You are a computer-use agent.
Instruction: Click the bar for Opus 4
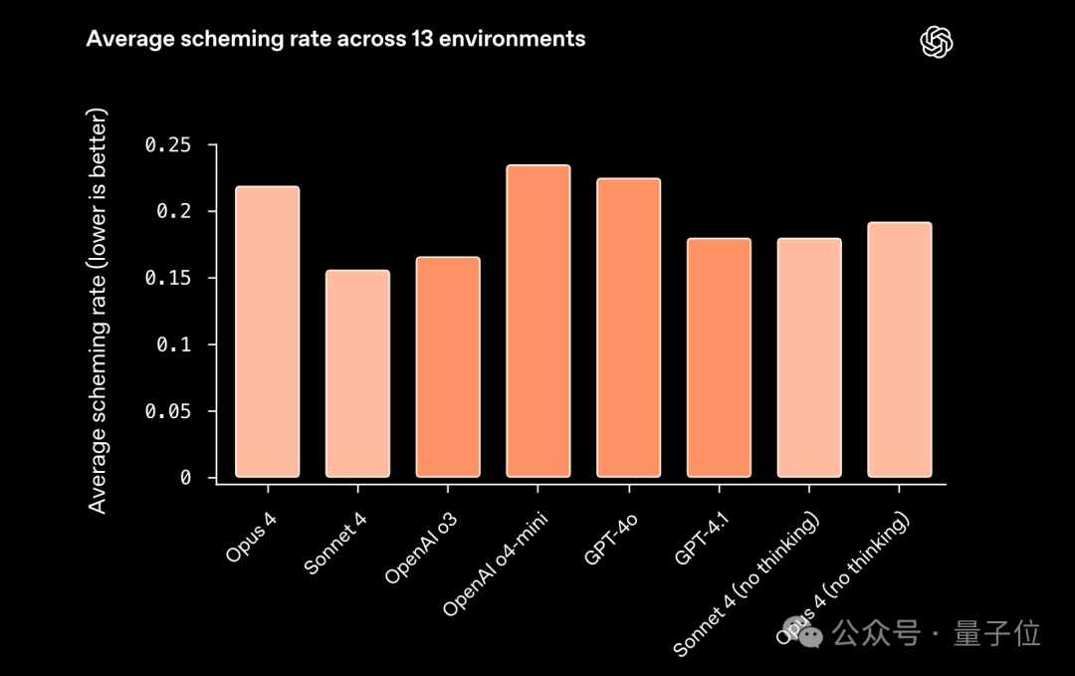(x=267, y=332)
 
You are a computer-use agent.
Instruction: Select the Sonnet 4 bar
(x=357, y=373)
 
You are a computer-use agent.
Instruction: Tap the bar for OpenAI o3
(x=448, y=366)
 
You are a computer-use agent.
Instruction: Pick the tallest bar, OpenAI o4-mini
(x=538, y=321)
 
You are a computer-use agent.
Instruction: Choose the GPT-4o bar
(x=628, y=328)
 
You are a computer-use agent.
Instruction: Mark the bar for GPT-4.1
(x=719, y=357)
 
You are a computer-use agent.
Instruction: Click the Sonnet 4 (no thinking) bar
(x=809, y=357)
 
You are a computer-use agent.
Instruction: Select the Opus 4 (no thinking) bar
(x=900, y=349)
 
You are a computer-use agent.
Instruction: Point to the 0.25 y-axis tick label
(x=167, y=145)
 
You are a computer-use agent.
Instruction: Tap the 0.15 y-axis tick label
(x=167, y=278)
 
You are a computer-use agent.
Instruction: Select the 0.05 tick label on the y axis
(x=167, y=411)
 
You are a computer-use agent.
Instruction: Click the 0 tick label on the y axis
(x=185, y=478)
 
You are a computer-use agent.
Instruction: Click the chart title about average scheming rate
(x=335, y=39)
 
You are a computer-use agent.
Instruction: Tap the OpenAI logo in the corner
(x=937, y=41)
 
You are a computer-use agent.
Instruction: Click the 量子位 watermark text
(x=997, y=633)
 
